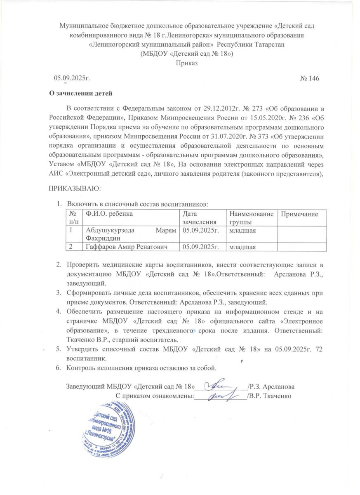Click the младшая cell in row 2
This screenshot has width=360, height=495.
[x=241, y=247]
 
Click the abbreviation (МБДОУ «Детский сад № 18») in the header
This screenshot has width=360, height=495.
[x=187, y=54]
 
